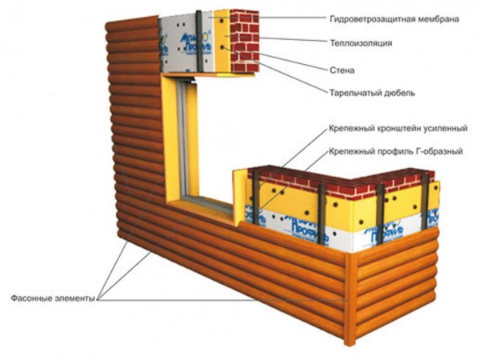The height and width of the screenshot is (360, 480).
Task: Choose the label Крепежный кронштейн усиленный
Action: point(397,128)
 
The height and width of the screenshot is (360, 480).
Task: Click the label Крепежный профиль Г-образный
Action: point(392,150)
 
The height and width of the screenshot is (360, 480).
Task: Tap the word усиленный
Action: point(445,128)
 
